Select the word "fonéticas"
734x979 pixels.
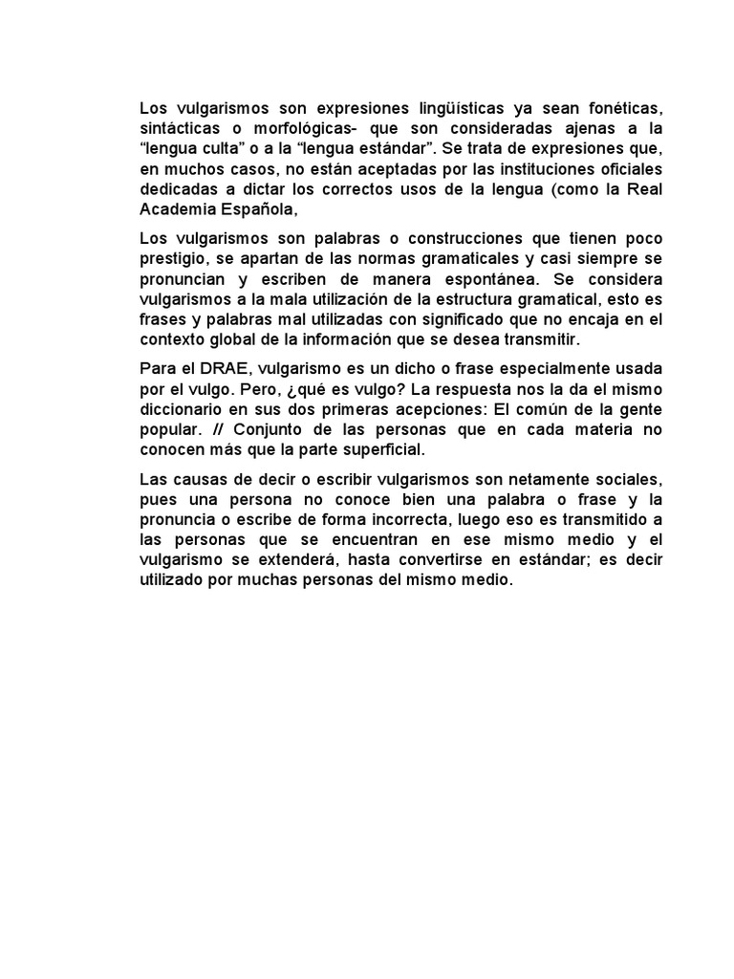coord(623,106)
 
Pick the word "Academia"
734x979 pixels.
coord(172,209)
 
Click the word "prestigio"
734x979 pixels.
coord(172,257)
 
